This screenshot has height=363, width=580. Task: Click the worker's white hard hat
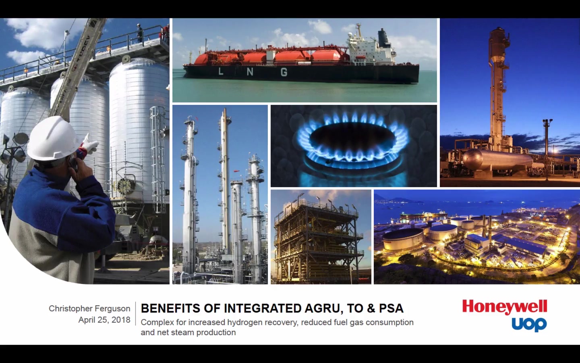(x=53, y=139)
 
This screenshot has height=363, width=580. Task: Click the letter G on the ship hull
(x=284, y=72)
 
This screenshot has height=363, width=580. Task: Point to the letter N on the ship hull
(x=250, y=71)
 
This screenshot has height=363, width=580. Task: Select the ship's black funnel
(x=383, y=38)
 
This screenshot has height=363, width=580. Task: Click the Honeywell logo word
(x=505, y=307)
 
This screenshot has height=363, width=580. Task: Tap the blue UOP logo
(x=529, y=324)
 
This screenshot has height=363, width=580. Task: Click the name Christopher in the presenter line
(x=71, y=309)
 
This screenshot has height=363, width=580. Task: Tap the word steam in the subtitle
(x=182, y=332)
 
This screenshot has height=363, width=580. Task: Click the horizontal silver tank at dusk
(x=497, y=159)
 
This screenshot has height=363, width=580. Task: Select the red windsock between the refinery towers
(x=236, y=171)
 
